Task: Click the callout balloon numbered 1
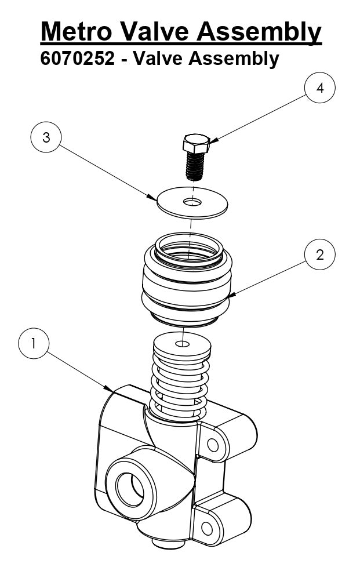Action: tap(34, 343)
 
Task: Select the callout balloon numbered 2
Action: tap(320, 255)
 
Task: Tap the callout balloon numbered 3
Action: tap(46, 137)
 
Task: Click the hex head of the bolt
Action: tap(195, 143)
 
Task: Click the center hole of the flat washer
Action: tap(193, 202)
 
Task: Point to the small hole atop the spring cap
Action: tap(182, 344)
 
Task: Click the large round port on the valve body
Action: tap(129, 489)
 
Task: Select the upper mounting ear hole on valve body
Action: tap(213, 445)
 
